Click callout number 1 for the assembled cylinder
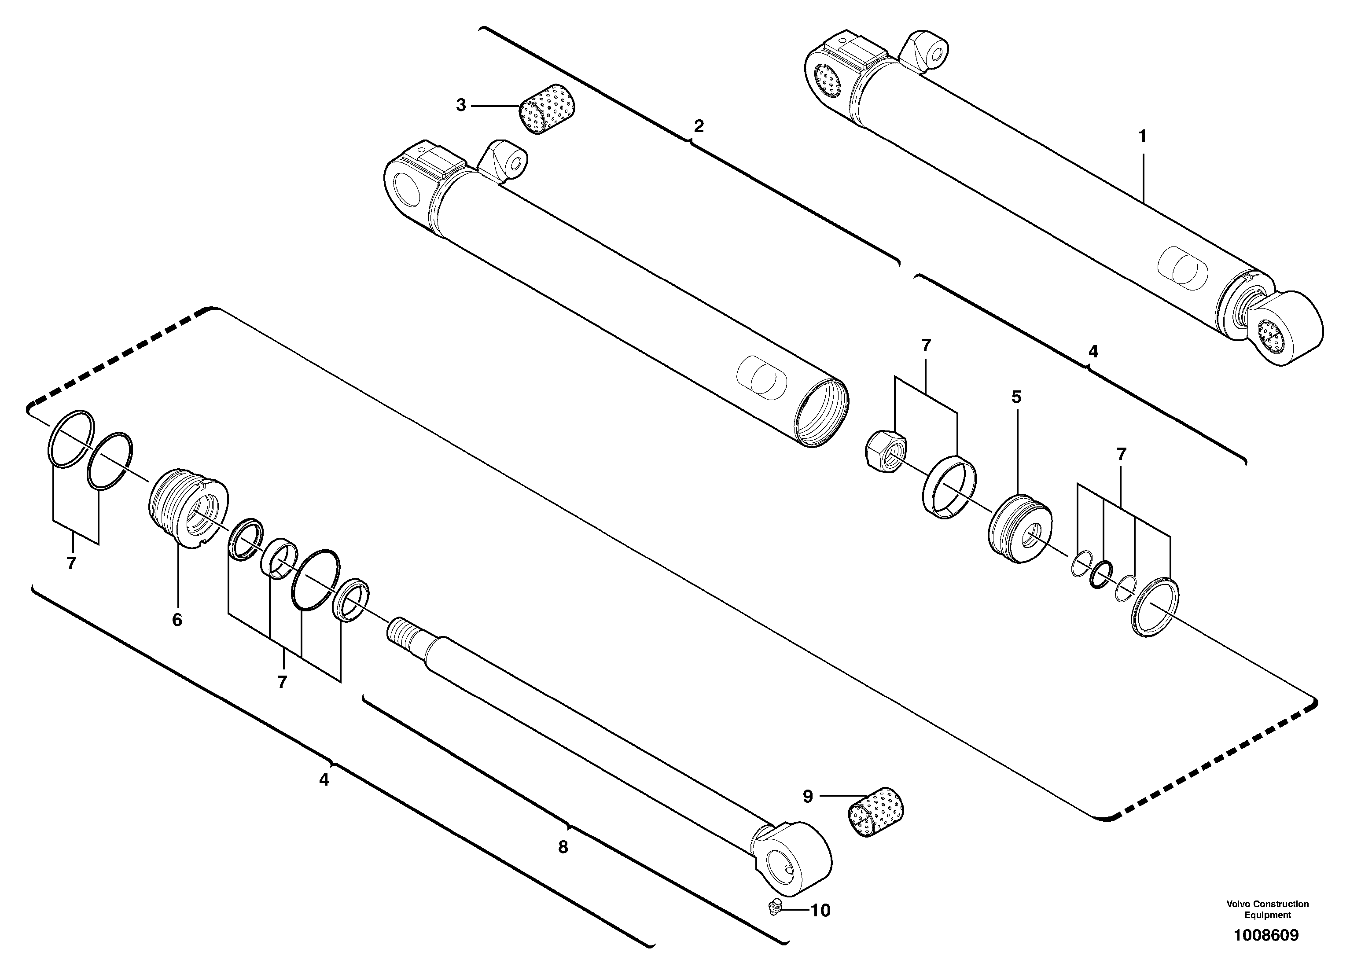coord(1142,136)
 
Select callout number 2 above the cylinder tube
coord(699,126)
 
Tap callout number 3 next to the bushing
coord(461,105)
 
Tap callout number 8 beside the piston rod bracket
coord(563,847)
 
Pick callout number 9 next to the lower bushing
coord(808,797)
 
